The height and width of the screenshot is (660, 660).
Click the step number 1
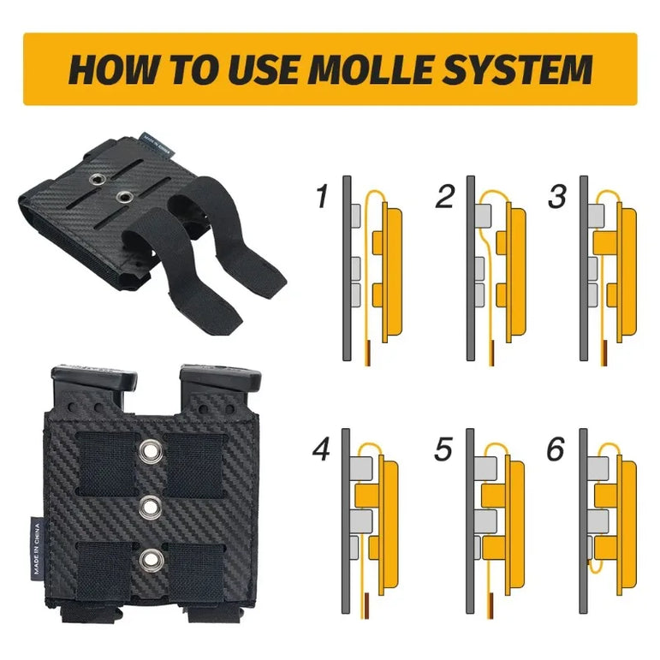tap(322, 196)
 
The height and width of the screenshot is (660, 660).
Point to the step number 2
tap(445, 196)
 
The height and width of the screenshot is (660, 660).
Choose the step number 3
tap(557, 196)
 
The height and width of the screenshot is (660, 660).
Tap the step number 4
tap(321, 449)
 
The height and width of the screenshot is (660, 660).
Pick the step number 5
tap(443, 449)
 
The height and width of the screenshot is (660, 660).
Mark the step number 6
tap(556, 449)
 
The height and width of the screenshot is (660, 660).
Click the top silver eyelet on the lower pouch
tap(151, 451)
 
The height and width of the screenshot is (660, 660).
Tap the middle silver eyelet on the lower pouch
tap(151, 507)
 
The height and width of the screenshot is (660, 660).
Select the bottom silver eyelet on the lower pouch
tap(151, 559)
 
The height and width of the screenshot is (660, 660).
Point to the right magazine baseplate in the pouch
tap(220, 377)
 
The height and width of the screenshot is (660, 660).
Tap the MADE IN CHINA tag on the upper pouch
tap(155, 146)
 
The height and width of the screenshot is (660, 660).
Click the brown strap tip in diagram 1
tap(368, 353)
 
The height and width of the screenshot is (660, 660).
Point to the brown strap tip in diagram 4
tap(366, 605)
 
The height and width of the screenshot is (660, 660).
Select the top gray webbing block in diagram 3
tap(596, 216)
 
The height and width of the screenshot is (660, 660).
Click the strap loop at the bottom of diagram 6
tap(596, 568)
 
